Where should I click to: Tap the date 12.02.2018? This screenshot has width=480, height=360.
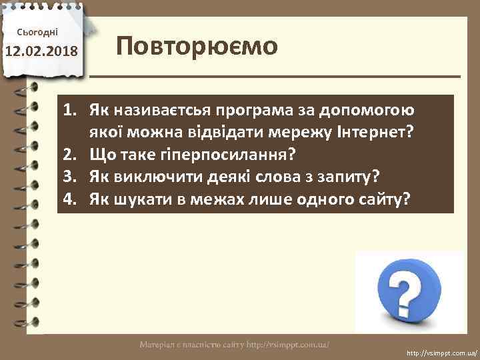[x=41, y=51]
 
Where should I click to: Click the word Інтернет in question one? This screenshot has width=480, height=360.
[x=377, y=132]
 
